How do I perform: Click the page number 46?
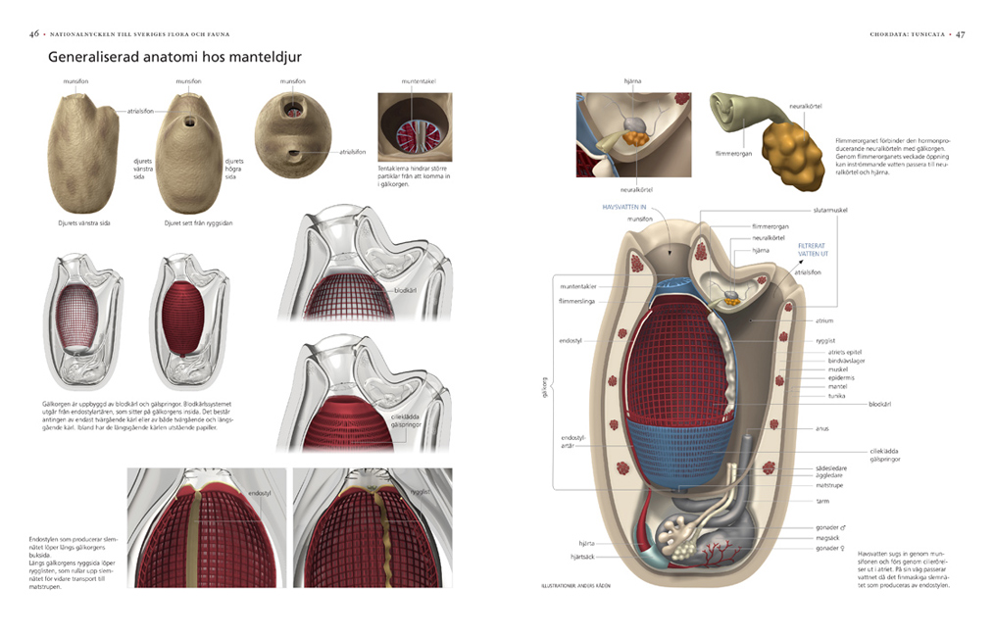(x=34, y=34)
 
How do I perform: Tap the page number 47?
(x=961, y=34)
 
